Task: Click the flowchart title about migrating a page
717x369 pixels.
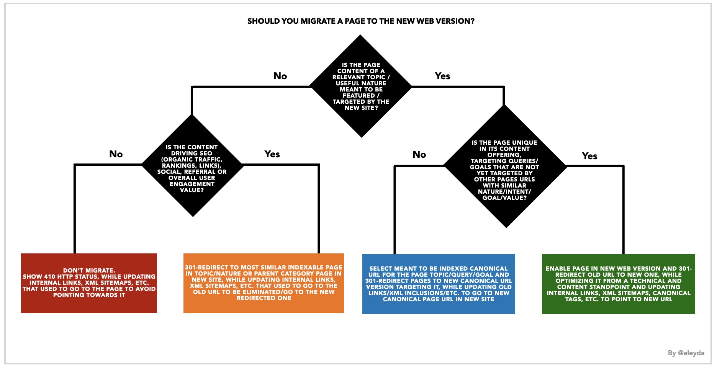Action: tap(361, 21)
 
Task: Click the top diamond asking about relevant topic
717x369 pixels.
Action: tap(361, 86)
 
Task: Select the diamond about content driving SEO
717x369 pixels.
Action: tap(192, 165)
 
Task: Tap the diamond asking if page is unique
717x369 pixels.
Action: tap(505, 166)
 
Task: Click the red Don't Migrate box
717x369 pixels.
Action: tap(89, 283)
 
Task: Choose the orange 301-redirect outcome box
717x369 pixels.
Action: tap(264, 283)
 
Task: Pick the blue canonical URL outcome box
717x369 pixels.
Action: tap(439, 284)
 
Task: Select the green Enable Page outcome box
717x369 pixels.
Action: tap(619, 284)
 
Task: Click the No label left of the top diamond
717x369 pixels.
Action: tap(280, 76)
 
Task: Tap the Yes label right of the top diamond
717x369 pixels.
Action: tap(443, 76)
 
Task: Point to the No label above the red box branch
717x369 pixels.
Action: tap(116, 154)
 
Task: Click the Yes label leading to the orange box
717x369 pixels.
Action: tap(272, 154)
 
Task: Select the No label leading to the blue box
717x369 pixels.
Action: tap(419, 155)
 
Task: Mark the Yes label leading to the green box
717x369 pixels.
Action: tap(590, 156)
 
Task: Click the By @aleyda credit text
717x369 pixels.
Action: tap(686, 353)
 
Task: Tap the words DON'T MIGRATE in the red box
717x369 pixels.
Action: tap(89, 271)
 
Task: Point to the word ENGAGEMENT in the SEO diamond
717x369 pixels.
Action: tap(192, 184)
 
